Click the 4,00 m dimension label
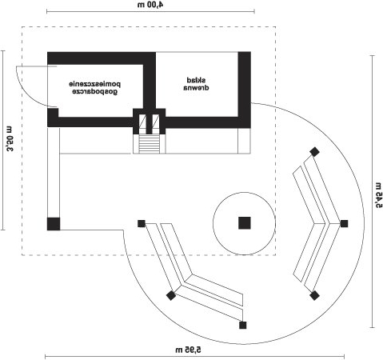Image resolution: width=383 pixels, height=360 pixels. point(150,5)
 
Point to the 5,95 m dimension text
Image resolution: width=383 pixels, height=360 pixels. point(189,350)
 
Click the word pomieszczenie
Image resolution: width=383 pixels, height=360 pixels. point(95,84)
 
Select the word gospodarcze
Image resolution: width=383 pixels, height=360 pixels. point(95,92)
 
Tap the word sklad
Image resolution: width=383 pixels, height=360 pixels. point(196,80)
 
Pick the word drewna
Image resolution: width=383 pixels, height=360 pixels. point(196,87)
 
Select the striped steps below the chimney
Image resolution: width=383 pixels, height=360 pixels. point(150,144)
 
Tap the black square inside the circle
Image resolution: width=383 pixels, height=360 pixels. point(245,223)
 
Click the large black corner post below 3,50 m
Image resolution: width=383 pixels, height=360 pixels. point(54,224)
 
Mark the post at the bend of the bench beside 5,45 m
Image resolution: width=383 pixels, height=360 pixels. point(344,223)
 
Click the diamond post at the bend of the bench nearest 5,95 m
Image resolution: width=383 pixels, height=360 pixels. point(171,295)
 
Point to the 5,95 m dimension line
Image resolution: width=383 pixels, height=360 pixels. point(194,356)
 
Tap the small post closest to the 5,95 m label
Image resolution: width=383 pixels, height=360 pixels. point(243,325)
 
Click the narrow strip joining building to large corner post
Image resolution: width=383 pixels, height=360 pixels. point(54,173)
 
